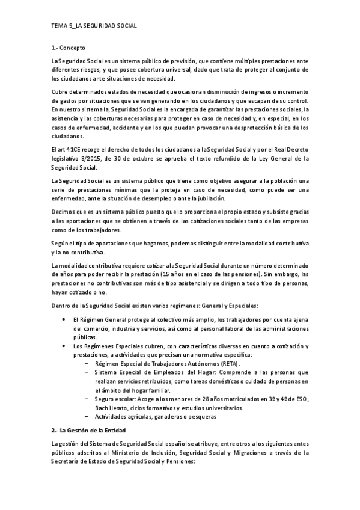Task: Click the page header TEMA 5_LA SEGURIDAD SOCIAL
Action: (94, 26)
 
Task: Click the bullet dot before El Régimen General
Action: (64, 320)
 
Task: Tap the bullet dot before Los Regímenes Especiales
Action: (64, 346)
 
